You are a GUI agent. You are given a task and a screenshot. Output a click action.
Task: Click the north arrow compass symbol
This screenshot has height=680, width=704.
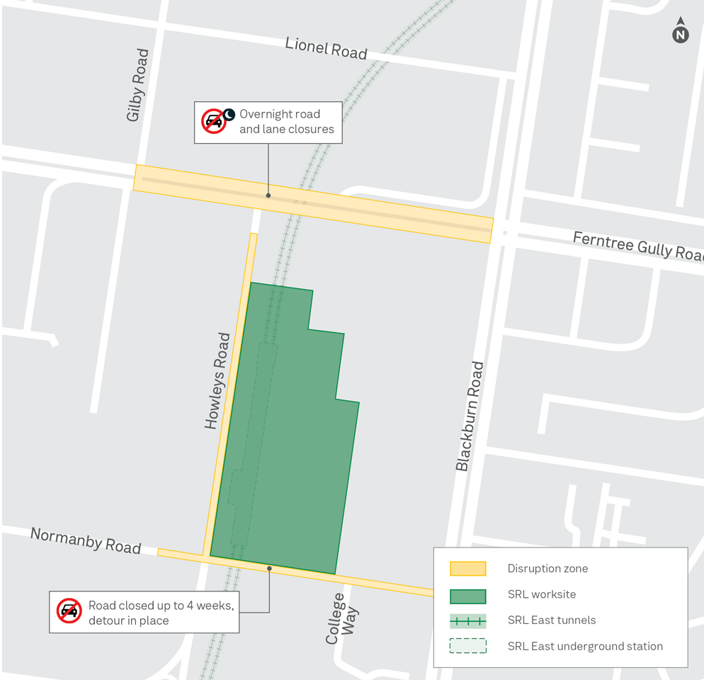coord(680,32)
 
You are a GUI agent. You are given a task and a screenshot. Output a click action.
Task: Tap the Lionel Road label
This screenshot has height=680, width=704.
coord(326,48)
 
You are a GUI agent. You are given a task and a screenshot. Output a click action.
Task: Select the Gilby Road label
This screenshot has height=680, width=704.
coord(137,85)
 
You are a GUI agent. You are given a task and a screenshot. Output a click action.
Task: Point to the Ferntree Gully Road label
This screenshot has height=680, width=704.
coord(637,245)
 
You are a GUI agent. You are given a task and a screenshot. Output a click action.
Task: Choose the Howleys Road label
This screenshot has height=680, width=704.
coord(217,381)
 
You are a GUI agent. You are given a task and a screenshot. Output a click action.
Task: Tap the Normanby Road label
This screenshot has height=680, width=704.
coord(85,540)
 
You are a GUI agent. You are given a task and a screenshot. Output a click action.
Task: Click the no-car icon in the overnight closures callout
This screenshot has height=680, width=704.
coord(213,121)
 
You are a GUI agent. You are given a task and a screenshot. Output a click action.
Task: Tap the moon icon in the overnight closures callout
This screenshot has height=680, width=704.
coord(229,113)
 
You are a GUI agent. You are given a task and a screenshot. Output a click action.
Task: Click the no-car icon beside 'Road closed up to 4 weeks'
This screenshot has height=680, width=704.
coord(69,610)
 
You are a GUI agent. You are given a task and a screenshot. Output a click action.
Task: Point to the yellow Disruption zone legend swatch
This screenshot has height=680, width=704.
coord(467,569)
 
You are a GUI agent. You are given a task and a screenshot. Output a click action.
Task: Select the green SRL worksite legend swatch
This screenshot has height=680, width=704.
coord(467,595)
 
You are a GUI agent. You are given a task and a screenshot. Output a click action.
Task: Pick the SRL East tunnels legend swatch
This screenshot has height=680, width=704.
coord(467,621)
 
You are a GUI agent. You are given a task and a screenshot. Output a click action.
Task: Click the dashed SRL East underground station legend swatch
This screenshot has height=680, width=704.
coord(467,646)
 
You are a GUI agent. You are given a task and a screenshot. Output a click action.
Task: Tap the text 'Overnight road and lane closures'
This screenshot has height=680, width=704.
coord(286,122)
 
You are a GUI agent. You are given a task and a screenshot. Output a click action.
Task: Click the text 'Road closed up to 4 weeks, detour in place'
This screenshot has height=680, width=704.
coord(161,613)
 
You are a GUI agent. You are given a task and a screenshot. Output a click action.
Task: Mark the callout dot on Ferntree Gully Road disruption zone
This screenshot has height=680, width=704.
coord(268,195)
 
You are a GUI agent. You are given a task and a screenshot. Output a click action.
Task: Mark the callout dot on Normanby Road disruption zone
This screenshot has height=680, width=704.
coord(269,568)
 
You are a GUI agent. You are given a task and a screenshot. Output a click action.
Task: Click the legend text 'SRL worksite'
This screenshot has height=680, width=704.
coord(542,595)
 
